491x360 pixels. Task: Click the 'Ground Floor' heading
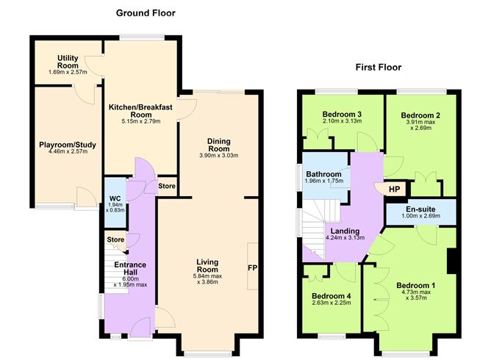click(146, 12)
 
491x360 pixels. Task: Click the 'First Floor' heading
click(378, 68)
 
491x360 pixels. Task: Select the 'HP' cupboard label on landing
click(394, 189)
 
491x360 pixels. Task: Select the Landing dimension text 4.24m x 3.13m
click(344, 237)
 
